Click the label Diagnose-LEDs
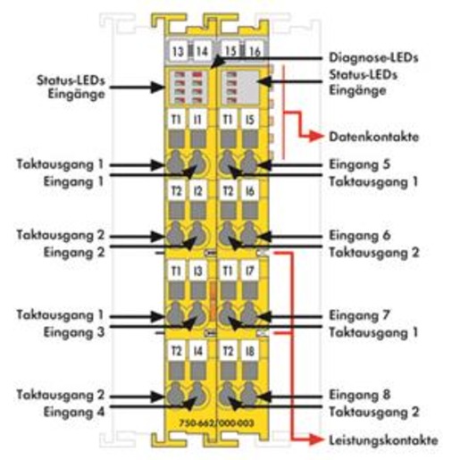click(373, 58)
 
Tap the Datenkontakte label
click(374, 137)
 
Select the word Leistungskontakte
click(383, 440)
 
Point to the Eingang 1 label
click(73, 182)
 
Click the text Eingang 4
click(74, 413)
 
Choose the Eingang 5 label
click(359, 164)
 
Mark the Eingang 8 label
click(359, 395)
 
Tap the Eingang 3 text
click(74, 332)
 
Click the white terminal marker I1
click(198, 120)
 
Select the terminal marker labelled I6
click(250, 191)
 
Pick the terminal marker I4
click(198, 351)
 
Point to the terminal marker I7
click(250, 271)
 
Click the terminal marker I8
click(250, 351)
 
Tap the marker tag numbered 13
click(178, 51)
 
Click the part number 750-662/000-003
click(216, 423)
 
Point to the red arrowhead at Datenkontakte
click(316, 137)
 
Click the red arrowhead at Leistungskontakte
click(316, 439)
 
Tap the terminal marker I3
click(198, 271)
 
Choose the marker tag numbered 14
click(202, 51)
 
